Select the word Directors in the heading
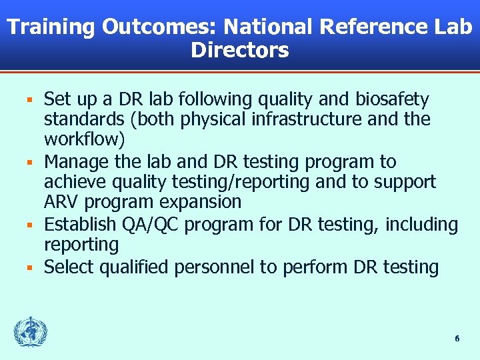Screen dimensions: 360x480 (240, 50)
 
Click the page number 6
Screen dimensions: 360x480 (457, 339)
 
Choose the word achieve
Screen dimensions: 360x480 (73, 182)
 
